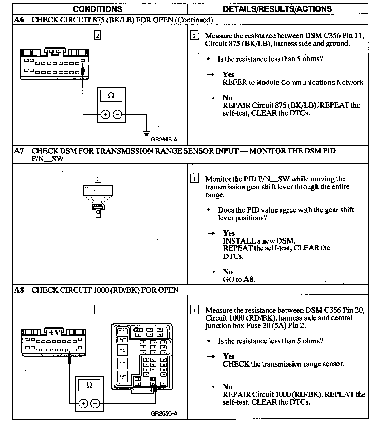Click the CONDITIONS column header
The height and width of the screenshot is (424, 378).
pyautogui.click(x=98, y=9)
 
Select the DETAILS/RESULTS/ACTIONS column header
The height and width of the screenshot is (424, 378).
pyautogui.click(x=277, y=9)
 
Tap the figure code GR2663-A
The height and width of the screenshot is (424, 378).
pyautogui.click(x=164, y=140)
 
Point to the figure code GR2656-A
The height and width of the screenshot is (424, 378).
pyautogui.click(x=164, y=413)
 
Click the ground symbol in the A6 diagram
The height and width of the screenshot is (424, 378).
pyautogui.click(x=146, y=133)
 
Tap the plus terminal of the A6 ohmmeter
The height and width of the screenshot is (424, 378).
pyautogui.click(x=105, y=114)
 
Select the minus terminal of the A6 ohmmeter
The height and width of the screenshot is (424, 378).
pyautogui.click(x=117, y=114)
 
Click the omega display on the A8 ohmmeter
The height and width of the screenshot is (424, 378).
pyautogui.click(x=89, y=385)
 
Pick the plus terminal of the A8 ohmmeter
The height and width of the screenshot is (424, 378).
pyautogui.click(x=83, y=403)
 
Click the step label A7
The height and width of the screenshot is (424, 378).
pyautogui.click(x=19, y=151)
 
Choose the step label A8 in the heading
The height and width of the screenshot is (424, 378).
pyautogui.click(x=19, y=290)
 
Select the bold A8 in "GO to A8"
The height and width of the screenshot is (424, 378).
pyautogui.click(x=249, y=279)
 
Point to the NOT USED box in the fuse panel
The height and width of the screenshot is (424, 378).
pyautogui.click(x=122, y=350)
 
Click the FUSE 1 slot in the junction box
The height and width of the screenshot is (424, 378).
pyautogui.click(x=138, y=330)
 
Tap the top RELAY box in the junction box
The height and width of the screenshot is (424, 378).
pyautogui.click(x=122, y=331)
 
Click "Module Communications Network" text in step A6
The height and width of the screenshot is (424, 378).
pyautogui.click(x=310, y=82)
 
